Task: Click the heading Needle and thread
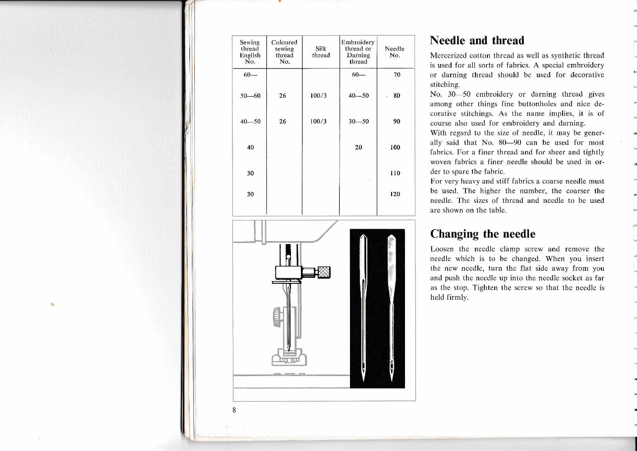pos(477,40)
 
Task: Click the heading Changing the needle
pos(482,234)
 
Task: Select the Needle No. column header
pos(395,52)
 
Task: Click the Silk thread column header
pos(321,52)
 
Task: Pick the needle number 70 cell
pos(396,75)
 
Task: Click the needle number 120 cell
pos(395,194)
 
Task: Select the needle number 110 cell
pos(395,173)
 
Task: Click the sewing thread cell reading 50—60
pos(250,96)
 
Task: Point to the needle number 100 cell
pos(395,147)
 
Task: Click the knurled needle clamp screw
pos(324,271)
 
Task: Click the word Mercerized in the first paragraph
pos(449,56)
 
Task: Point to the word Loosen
pos(442,249)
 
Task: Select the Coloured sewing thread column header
pos(284,52)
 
